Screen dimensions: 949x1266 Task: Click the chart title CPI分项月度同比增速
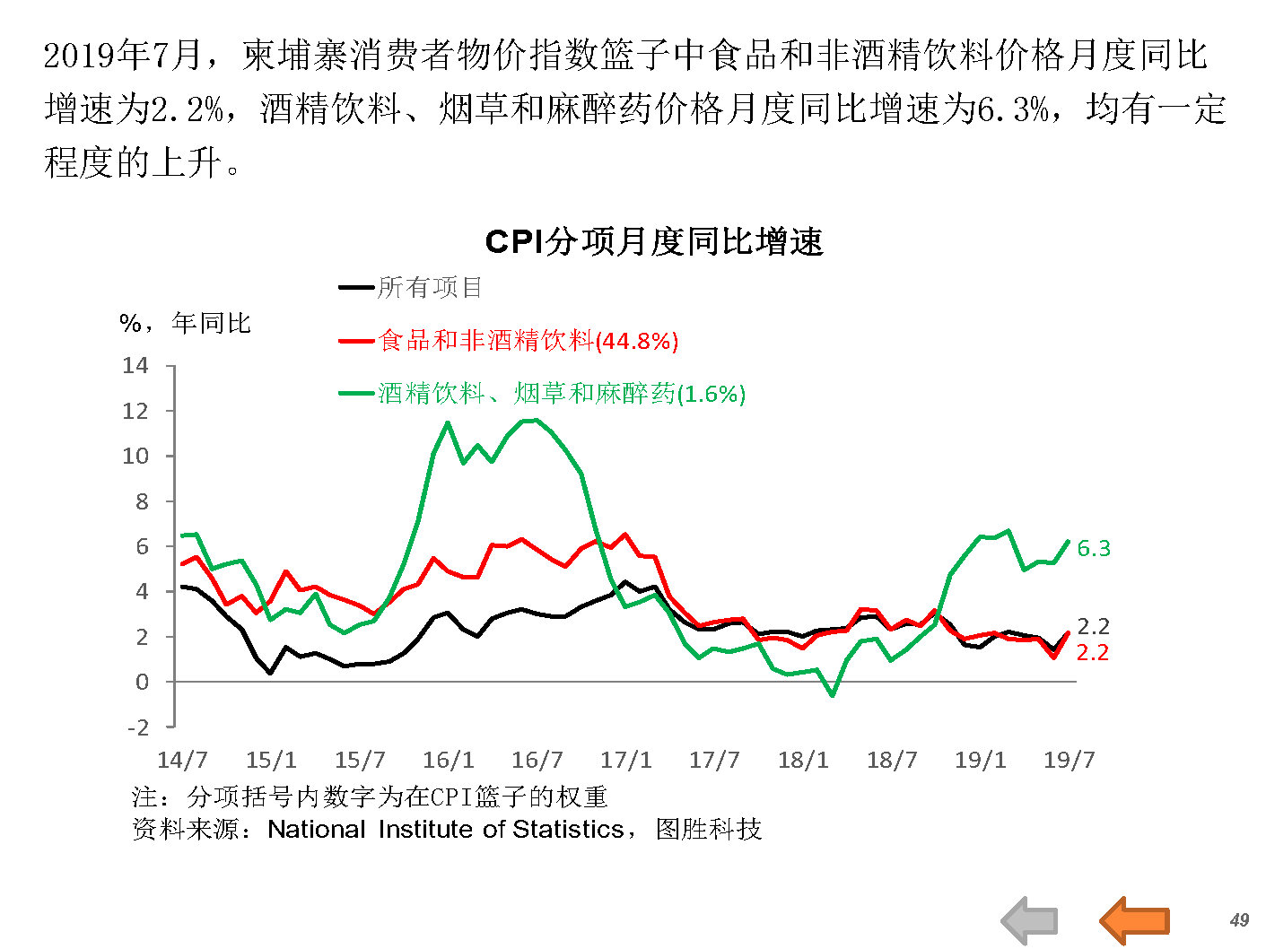point(653,242)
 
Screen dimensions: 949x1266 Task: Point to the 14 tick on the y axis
point(135,365)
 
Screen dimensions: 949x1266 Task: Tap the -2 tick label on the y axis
point(137,727)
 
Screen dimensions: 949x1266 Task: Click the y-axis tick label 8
point(142,501)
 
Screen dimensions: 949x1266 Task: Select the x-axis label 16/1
point(448,760)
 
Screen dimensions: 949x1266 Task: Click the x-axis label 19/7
point(1069,760)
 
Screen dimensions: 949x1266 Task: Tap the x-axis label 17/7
point(714,760)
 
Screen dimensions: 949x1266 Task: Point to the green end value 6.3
point(1094,548)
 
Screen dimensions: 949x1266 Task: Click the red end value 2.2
point(1093,653)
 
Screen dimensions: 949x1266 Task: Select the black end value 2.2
point(1093,626)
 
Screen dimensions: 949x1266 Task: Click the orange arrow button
point(1134,920)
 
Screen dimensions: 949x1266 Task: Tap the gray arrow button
point(1030,920)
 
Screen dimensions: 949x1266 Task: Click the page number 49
point(1239,919)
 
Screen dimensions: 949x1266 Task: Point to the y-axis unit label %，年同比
point(185,323)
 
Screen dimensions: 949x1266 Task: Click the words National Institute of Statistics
point(445,829)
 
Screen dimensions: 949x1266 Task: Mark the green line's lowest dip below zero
point(833,694)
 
